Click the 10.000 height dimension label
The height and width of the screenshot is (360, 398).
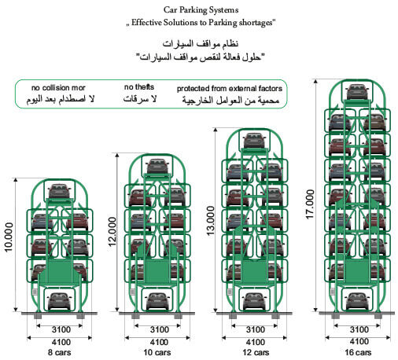(x=9, y=237)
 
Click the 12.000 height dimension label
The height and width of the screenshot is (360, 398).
(x=112, y=232)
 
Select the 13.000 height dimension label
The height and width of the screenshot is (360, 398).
(x=211, y=221)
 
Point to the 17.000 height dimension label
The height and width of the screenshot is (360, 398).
(x=310, y=204)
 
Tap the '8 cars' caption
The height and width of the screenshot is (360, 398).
(x=60, y=352)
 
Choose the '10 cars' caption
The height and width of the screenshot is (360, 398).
(x=157, y=352)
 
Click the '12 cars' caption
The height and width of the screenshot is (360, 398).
(x=256, y=352)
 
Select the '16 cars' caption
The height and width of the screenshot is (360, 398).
(x=358, y=352)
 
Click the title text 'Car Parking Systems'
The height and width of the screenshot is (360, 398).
(x=201, y=10)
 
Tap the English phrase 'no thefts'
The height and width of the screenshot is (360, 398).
(x=139, y=87)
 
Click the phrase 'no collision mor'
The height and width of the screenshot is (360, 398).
(x=58, y=87)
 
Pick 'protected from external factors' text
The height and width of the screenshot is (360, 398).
(x=230, y=89)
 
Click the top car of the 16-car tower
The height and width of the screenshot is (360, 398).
(x=357, y=92)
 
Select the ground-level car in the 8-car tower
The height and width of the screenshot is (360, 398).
(x=60, y=301)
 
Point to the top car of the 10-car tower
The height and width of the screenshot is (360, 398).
(x=157, y=167)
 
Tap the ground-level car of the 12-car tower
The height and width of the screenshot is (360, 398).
(x=254, y=301)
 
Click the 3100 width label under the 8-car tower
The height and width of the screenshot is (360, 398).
(x=61, y=329)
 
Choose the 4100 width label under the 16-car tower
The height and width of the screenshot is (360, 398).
(x=359, y=341)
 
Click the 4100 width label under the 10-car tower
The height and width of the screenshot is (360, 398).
(x=159, y=342)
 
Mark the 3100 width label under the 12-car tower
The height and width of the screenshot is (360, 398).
(x=256, y=329)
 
